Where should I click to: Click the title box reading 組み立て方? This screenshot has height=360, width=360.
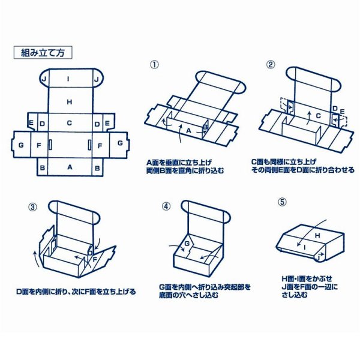point(43,52)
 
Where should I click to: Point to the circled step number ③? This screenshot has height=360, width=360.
point(32,208)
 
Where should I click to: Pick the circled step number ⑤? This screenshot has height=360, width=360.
point(282,202)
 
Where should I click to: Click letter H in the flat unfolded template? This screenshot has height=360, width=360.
point(70,102)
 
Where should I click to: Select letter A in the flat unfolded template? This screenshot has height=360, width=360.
point(70,167)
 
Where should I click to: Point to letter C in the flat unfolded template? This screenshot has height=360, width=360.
point(70,123)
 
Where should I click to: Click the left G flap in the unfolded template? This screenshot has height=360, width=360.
point(21,144)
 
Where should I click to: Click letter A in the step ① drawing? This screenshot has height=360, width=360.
point(188,130)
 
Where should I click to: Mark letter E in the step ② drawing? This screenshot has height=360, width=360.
point(342,111)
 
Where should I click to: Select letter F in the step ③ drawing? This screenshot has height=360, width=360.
point(94,259)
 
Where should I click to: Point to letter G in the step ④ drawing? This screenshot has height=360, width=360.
point(187,244)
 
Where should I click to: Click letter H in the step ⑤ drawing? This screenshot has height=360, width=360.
point(318,236)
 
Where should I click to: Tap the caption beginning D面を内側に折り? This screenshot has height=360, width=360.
point(76,292)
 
